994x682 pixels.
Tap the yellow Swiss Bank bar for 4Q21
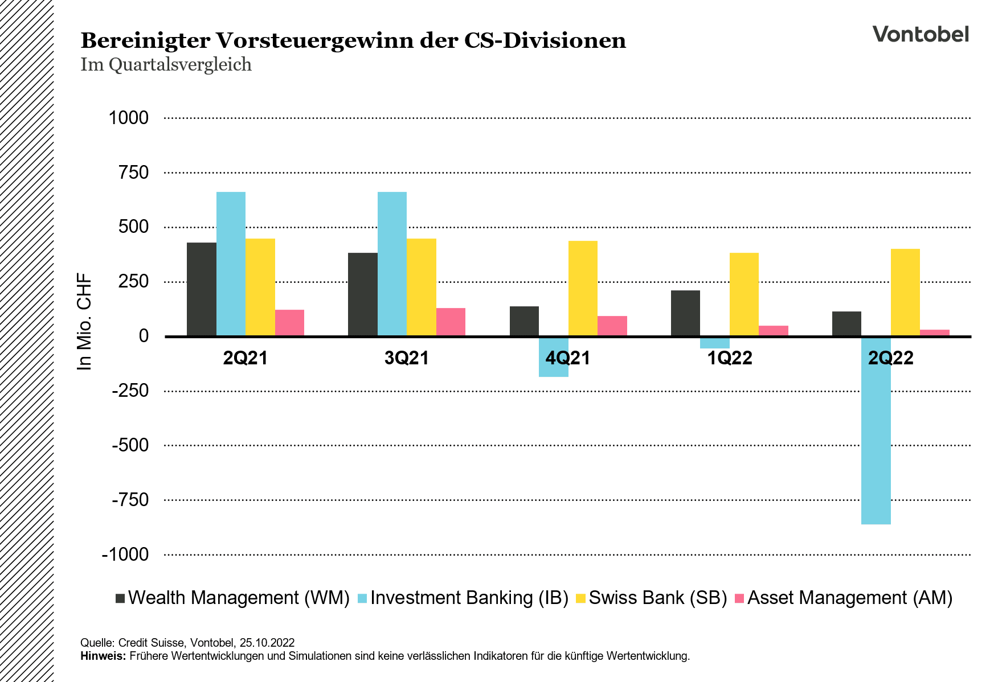[x=583, y=288]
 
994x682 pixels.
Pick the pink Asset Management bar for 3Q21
[x=451, y=322]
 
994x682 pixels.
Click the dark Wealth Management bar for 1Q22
[x=685, y=313]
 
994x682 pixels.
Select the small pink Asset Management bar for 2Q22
[x=934, y=333]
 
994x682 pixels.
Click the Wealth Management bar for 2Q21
[x=201, y=289]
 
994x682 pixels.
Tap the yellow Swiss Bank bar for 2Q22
[x=905, y=292]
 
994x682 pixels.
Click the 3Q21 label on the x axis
[x=407, y=358]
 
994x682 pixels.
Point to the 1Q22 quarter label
[x=730, y=358]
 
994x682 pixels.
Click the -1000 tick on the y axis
[x=125, y=554]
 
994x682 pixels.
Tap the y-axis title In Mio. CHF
[x=84, y=322]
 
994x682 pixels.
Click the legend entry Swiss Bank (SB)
[x=658, y=598]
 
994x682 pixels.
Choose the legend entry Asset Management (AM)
[x=849, y=598]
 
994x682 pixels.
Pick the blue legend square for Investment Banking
[x=362, y=598]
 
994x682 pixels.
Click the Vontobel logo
[x=921, y=34]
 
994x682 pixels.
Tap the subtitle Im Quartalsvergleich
[x=166, y=64]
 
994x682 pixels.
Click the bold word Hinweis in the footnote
[x=103, y=656]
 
